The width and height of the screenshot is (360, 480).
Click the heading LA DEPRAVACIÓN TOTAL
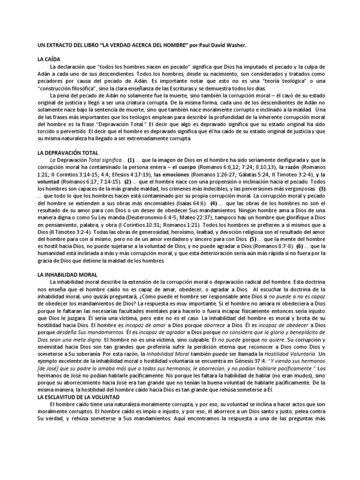pos(68,153)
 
